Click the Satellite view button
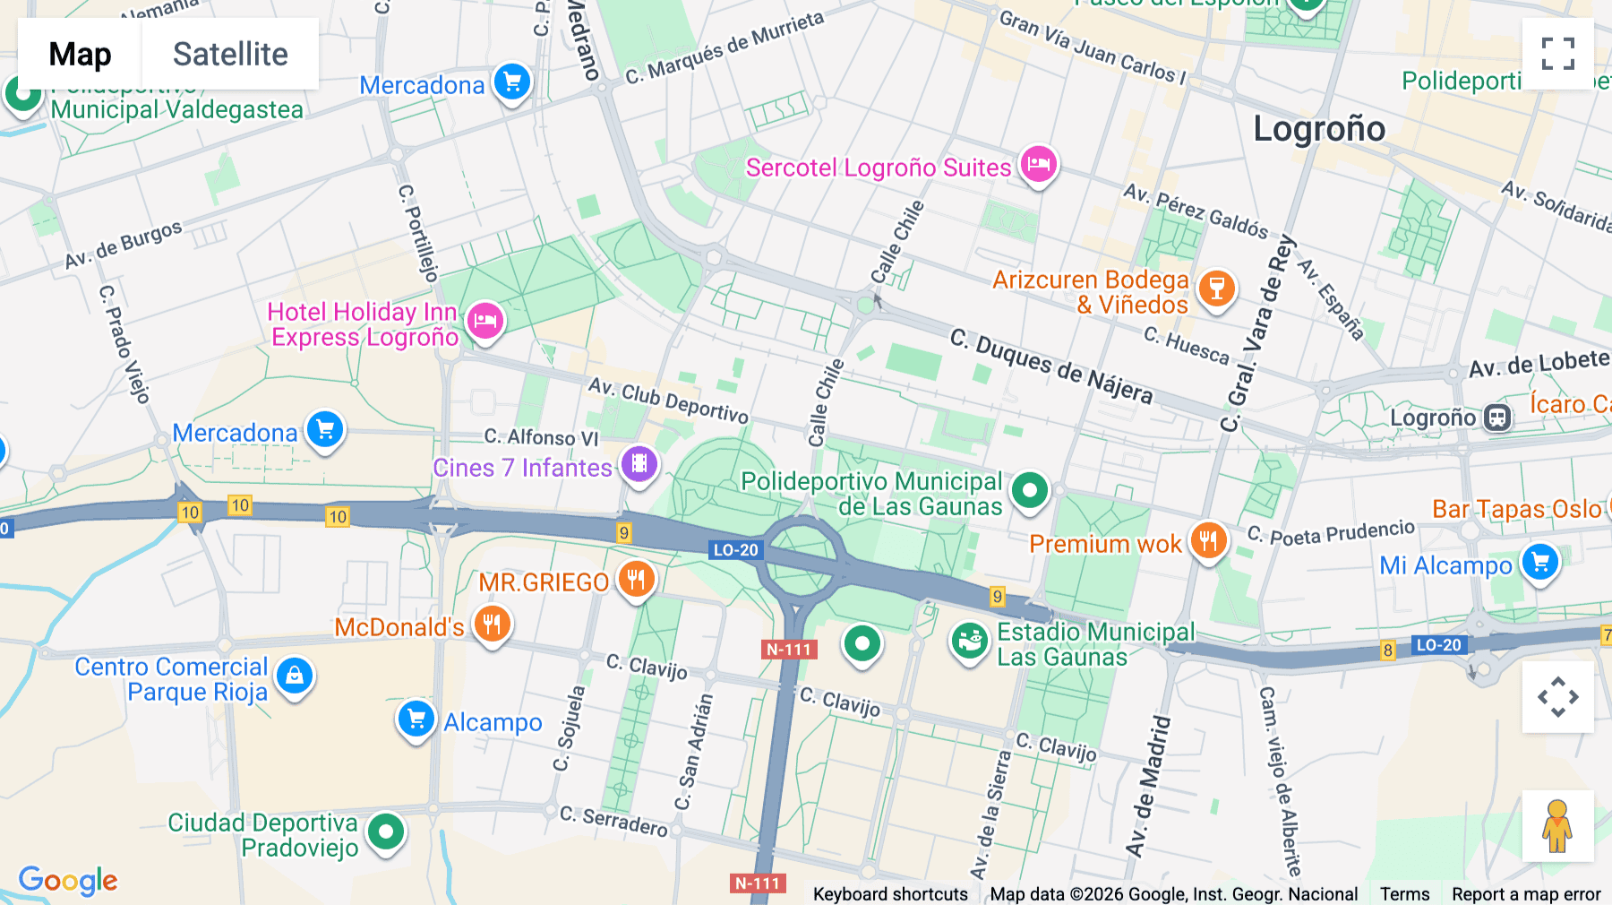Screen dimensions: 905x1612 point(230,54)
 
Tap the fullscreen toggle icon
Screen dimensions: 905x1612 point(1557,54)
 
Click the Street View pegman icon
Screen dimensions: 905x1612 point(1557,826)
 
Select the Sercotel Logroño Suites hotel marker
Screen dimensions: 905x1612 point(1038,165)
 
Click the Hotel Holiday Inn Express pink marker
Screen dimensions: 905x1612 point(485,320)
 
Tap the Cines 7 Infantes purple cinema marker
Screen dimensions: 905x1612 point(639,464)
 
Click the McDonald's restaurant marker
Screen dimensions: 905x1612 point(492,624)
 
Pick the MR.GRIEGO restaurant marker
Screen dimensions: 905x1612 point(636,579)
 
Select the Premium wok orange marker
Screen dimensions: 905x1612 point(1208,540)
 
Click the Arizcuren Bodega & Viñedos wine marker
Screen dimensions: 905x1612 point(1216,289)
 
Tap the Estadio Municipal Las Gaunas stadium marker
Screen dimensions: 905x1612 point(969,642)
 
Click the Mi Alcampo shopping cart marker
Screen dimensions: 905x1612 point(1540,563)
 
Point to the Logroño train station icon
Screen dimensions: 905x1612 point(1497,418)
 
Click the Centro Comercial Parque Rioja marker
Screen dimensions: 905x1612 point(295,677)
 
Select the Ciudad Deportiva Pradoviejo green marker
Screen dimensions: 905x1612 point(386,832)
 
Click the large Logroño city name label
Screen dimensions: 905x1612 point(1318,129)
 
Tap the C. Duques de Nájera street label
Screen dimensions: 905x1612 point(1050,366)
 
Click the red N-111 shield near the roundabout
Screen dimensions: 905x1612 point(789,650)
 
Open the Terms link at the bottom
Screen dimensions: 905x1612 point(1404,894)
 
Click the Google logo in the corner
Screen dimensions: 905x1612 point(68,881)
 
